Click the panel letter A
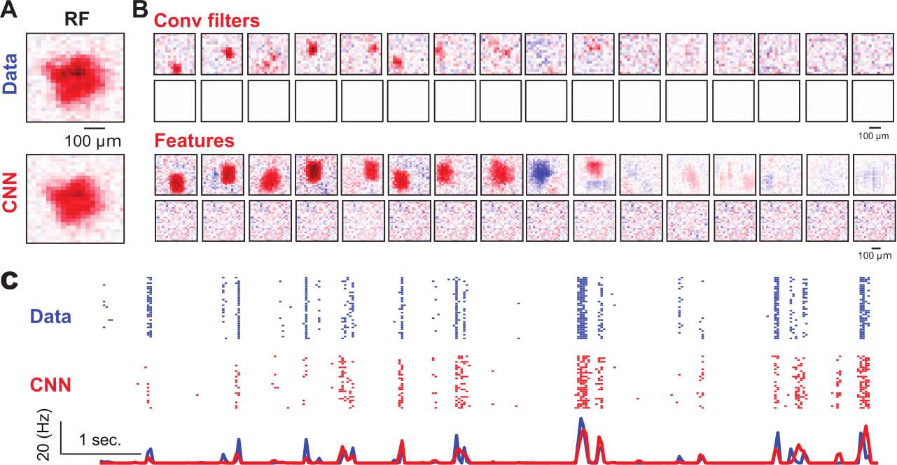[9, 10]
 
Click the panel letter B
[140, 10]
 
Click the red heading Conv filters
[197, 21]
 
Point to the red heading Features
[194, 141]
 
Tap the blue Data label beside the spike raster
[50, 317]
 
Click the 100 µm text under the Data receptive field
[93, 142]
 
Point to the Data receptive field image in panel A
[75, 80]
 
